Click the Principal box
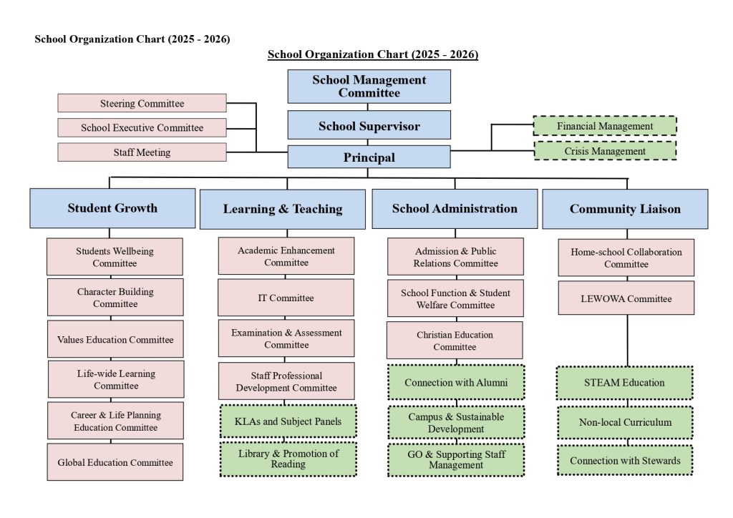pos(369,157)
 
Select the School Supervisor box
pos(369,125)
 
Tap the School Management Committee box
pos(369,87)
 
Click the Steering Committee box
pos(142,103)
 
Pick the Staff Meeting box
pos(142,152)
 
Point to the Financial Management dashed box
pos(605,126)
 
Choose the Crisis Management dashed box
pos(605,151)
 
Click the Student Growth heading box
pos(112,208)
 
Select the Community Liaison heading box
pos(625,209)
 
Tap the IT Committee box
pos(286,298)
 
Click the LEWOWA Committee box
pos(626,298)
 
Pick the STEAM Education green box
pos(624,383)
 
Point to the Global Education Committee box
pos(115,462)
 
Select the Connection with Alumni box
pos(456,382)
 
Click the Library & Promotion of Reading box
pos(288,459)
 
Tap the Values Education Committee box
pos(115,339)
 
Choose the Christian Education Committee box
pos(455,341)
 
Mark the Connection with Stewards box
pos(625,460)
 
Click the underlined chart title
pos(373,54)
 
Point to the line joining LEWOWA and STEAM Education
pos(627,341)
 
